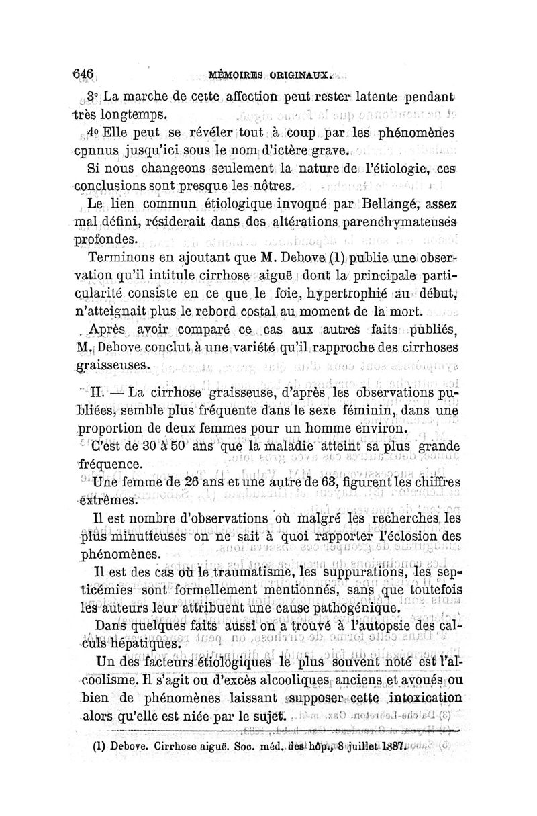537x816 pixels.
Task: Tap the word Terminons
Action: click(119, 257)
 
